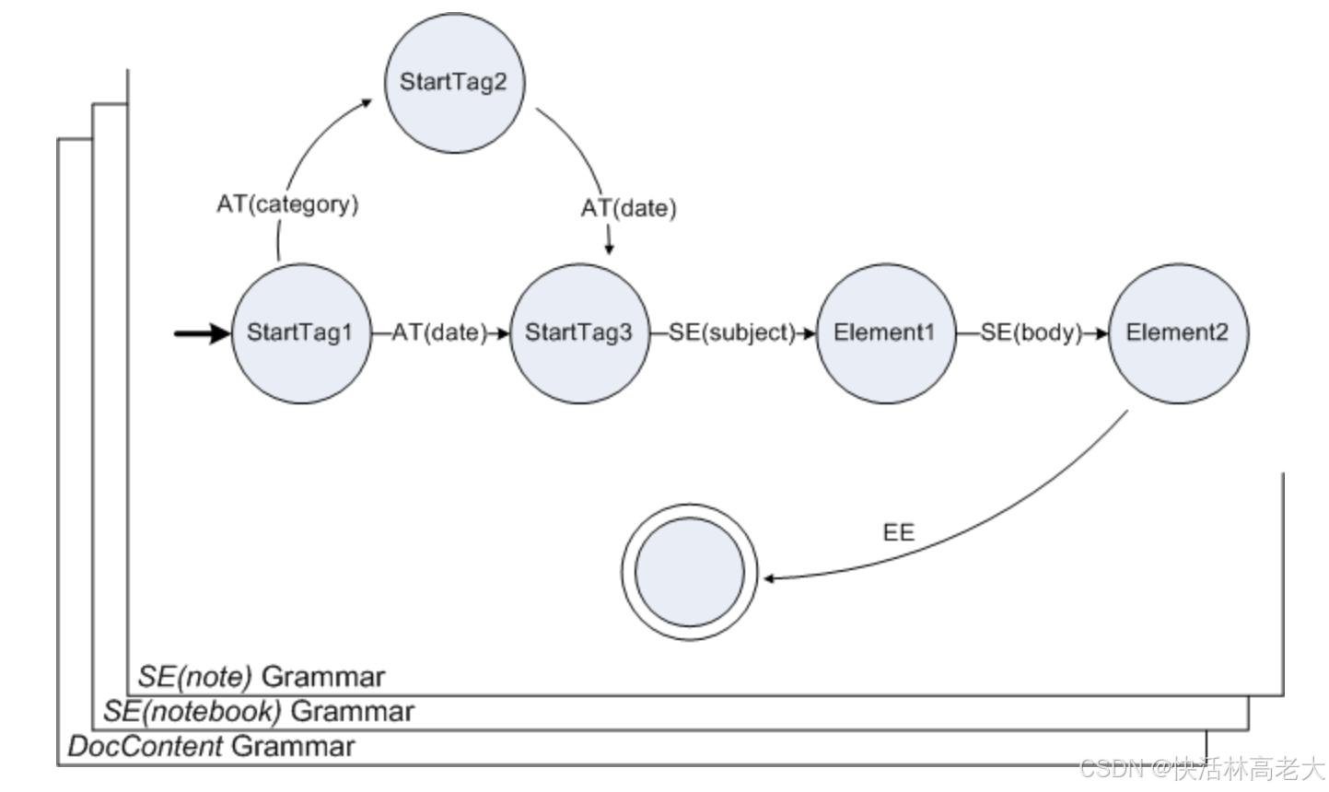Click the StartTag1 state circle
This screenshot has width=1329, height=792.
[x=300, y=332]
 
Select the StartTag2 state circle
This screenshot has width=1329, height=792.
[x=453, y=82]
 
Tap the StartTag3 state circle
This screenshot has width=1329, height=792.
[x=579, y=332]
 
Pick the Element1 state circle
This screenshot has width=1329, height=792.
[x=885, y=332]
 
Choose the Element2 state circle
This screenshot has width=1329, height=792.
[x=1178, y=332]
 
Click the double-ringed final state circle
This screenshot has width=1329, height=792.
[x=689, y=572]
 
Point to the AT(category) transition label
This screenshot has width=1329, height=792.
[x=287, y=204]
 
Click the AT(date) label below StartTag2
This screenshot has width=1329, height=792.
[x=628, y=208]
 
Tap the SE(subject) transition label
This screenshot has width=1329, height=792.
[x=731, y=332]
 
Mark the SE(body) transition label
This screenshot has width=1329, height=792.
[x=1031, y=332]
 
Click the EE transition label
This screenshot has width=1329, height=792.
[x=898, y=532]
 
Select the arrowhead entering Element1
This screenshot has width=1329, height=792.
[x=810, y=332]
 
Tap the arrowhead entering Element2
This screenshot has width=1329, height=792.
[x=1101, y=332]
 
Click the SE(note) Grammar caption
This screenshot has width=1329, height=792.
[x=262, y=677]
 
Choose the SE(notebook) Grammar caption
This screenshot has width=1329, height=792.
[x=259, y=711]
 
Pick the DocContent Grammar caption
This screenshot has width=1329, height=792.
[x=211, y=746]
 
